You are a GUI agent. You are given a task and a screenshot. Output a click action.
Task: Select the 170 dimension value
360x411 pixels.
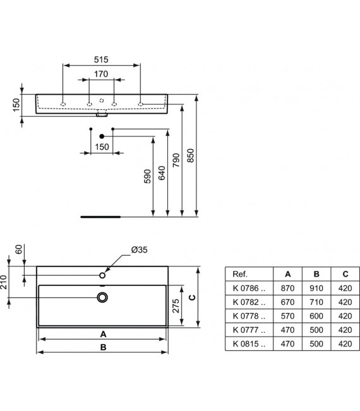coord(101,74)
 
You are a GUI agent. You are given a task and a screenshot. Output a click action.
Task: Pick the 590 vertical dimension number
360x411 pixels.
coord(147,177)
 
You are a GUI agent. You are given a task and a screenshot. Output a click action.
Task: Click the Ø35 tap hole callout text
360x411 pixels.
coord(139,250)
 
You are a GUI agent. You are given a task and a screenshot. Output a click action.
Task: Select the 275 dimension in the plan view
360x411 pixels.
coord(178,306)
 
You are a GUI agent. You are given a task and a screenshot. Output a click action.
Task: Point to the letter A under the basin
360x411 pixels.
coord(103,333)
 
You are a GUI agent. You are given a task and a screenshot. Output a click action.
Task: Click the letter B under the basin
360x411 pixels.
coord(103,347)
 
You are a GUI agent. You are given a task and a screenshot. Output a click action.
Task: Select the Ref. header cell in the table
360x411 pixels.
coord(240,274)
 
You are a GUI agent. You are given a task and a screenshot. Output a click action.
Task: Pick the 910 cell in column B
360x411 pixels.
coord(315,288)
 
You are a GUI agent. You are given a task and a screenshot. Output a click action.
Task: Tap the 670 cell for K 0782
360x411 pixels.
coord(287,302)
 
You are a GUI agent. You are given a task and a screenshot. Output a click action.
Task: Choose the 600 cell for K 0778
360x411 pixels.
coord(315,316)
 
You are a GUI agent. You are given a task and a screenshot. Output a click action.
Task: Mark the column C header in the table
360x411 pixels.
coord(344,274)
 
